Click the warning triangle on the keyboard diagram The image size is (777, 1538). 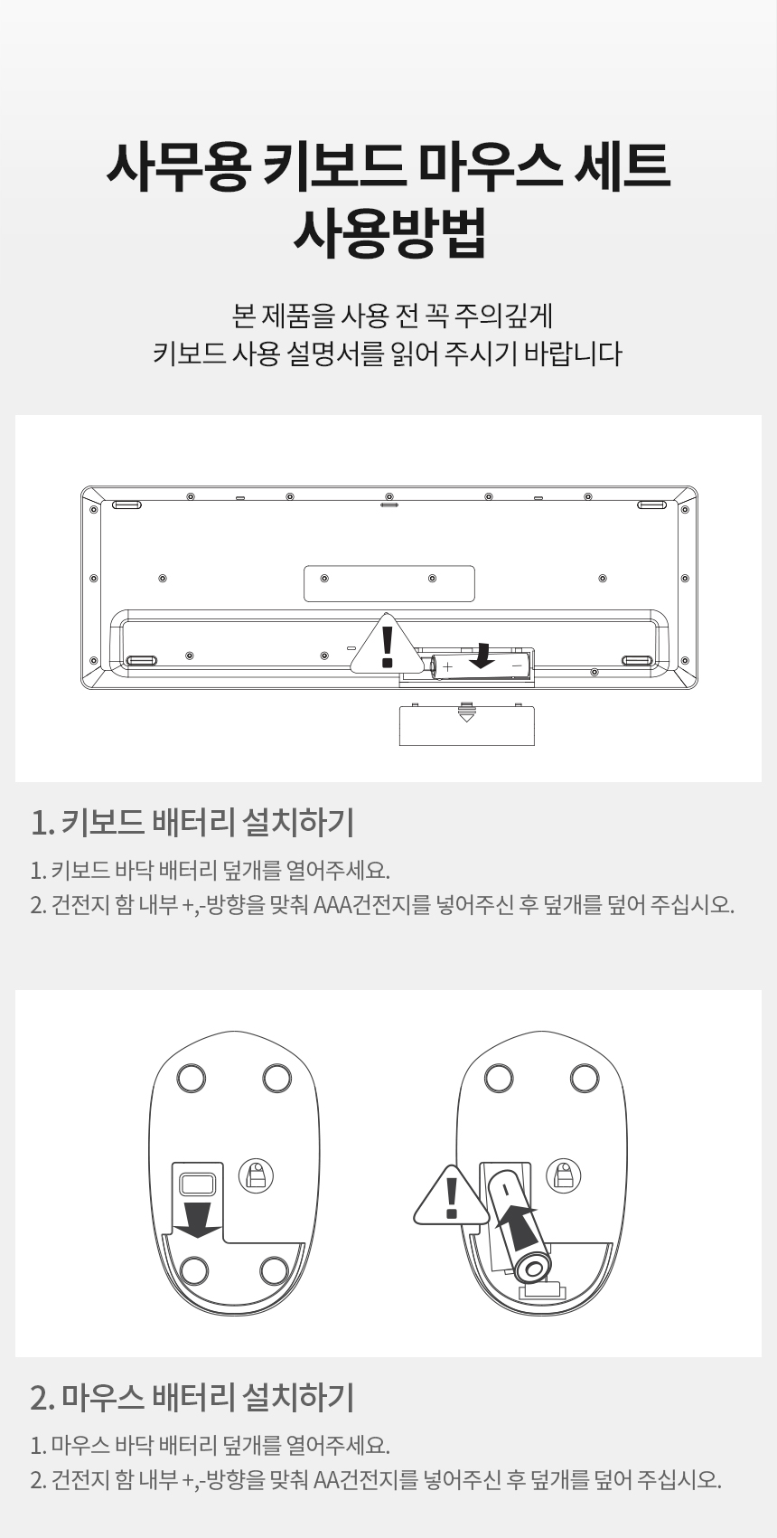(x=388, y=646)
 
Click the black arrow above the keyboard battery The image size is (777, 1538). (x=485, y=655)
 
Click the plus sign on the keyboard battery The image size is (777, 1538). (x=448, y=666)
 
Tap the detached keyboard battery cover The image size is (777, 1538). (x=466, y=724)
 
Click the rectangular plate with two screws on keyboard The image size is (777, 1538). (x=388, y=583)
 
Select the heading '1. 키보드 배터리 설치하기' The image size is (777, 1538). (x=192, y=823)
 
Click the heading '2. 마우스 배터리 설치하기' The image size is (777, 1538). (x=192, y=1397)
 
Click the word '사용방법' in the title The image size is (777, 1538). (x=388, y=231)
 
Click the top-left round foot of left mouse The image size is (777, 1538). (x=191, y=1078)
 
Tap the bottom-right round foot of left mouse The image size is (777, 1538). (x=275, y=1270)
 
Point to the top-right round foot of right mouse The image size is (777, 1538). (x=585, y=1078)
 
